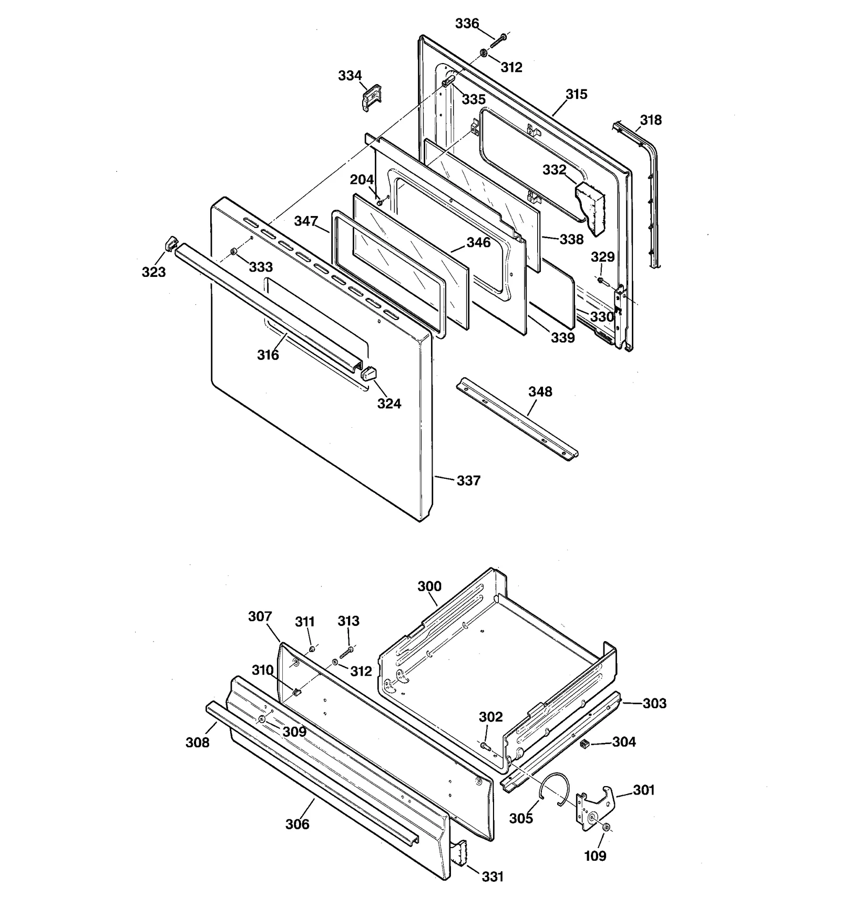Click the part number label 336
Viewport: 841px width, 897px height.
(467, 24)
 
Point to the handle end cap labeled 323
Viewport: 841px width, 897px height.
(171, 244)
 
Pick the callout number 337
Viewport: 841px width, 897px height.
(468, 481)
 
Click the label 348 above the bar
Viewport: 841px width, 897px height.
(540, 391)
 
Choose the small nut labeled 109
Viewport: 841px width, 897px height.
(606, 828)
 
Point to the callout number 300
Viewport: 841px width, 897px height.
(429, 586)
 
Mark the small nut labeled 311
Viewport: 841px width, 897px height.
(312, 649)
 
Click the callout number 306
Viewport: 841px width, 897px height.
(297, 824)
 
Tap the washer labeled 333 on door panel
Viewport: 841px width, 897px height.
(233, 254)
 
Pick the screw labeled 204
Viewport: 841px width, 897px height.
(379, 202)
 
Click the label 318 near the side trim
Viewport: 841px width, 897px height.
(651, 120)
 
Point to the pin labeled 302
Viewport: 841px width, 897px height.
(484, 745)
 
